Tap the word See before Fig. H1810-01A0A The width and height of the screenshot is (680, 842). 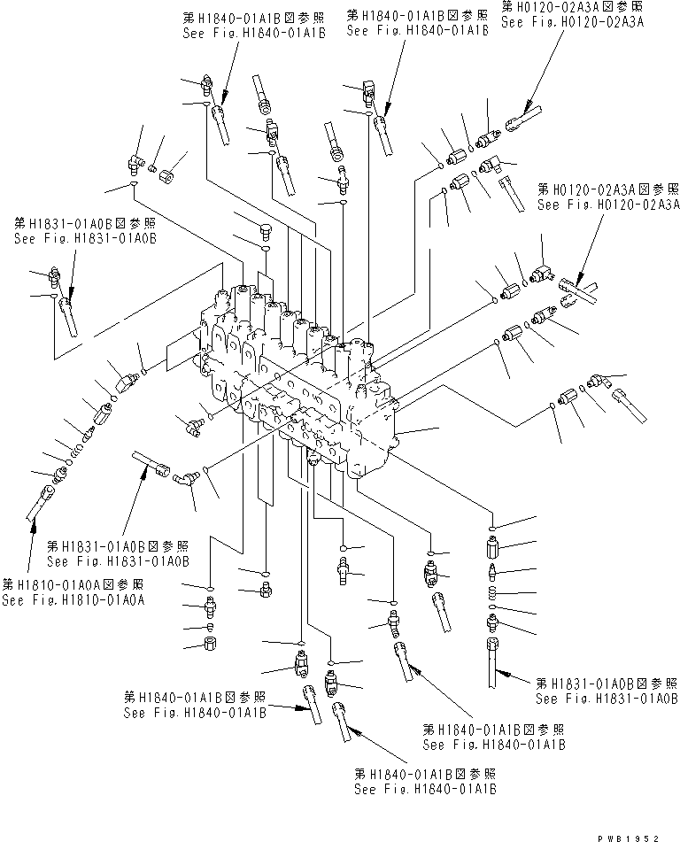[17, 600]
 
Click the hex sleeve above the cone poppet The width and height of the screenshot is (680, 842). [491, 545]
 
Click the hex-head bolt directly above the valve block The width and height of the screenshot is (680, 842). [263, 232]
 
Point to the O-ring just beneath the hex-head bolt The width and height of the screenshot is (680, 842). [263, 251]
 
